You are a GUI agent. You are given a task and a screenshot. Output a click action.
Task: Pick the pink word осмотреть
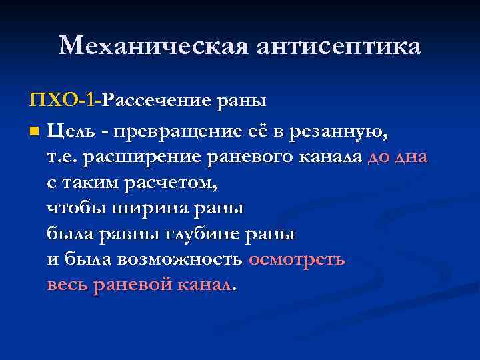pyautogui.click(x=297, y=260)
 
